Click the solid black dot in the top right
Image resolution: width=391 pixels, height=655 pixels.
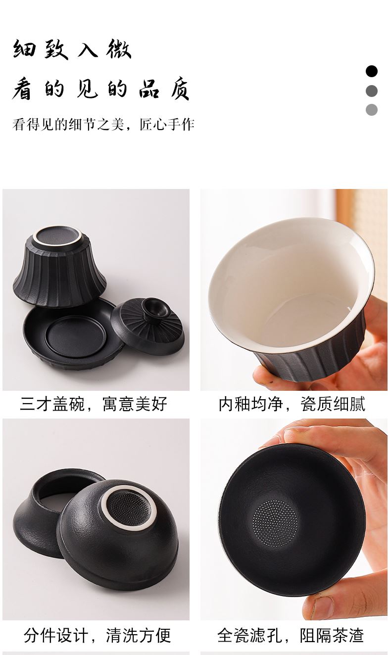[371, 71]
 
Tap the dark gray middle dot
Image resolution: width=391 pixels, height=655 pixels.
[371, 91]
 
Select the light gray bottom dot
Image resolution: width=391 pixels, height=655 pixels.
[371, 110]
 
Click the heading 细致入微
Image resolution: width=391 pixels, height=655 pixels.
[72, 49]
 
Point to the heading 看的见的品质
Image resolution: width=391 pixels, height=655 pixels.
[100, 89]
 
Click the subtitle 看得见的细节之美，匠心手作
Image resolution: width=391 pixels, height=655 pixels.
[103, 124]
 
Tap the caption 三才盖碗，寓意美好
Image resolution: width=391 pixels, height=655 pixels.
[94, 404]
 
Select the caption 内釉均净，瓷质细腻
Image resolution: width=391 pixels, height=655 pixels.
[292, 404]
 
